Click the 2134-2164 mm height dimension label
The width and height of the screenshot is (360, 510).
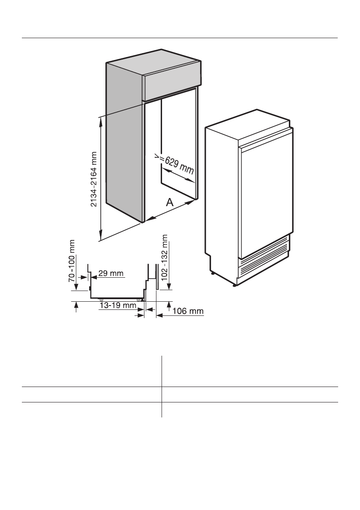(94, 178)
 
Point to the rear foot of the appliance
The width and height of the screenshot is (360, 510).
(212, 272)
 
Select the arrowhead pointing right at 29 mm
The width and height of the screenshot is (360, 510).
(86, 277)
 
